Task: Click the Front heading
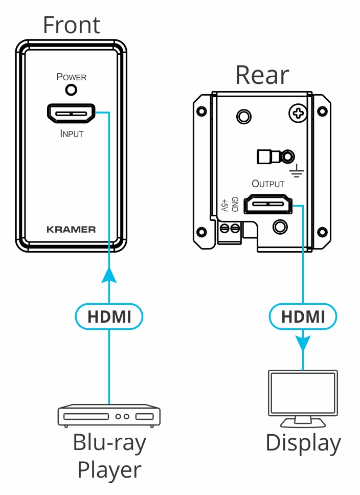[71, 25]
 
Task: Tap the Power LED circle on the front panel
[72, 91]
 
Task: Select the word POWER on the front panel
[72, 78]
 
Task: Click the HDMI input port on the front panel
[72, 113]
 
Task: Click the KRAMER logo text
[71, 229]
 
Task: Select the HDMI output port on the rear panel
[268, 206]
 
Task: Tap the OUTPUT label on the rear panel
[268, 183]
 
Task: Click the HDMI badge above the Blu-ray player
[109, 317]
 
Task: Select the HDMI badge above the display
[303, 317]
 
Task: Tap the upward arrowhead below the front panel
[109, 277]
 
